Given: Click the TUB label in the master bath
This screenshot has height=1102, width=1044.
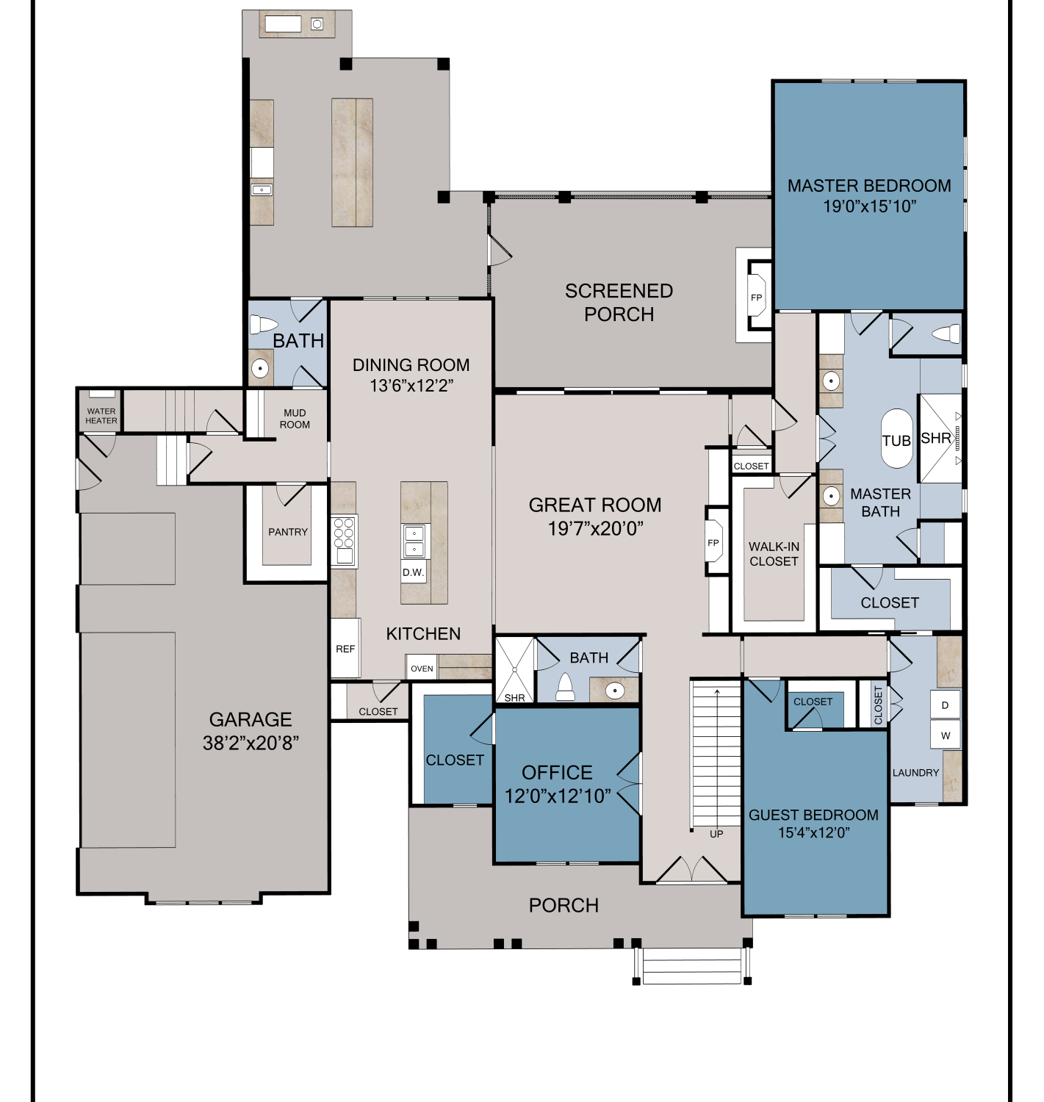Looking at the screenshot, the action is tap(896, 441).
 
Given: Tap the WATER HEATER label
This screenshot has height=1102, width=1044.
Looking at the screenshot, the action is tap(101, 416).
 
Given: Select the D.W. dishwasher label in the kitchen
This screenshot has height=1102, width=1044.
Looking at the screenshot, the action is tap(413, 572).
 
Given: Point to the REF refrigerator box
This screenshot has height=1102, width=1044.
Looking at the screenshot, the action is tap(345, 648).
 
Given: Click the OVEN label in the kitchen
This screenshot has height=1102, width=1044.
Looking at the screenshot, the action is tap(422, 668).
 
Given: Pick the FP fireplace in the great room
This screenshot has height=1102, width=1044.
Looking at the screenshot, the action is tap(713, 542).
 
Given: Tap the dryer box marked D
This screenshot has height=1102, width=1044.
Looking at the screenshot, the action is tap(946, 705).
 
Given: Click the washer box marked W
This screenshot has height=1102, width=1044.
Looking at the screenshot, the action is tap(946, 735).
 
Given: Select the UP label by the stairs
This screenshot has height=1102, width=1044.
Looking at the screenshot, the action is tap(716, 834).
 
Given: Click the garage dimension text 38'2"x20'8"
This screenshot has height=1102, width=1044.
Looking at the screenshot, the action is tap(251, 743).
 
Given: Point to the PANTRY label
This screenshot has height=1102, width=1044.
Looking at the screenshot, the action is tap(288, 531).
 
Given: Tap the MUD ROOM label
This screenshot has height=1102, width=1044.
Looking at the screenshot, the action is tap(295, 419).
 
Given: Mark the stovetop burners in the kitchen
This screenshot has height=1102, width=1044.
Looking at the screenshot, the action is tap(342, 533).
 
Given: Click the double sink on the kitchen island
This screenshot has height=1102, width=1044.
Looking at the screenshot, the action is tap(414, 541).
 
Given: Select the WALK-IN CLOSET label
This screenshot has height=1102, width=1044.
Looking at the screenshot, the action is tap(774, 554).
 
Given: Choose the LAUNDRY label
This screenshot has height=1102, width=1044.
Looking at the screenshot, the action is tap(915, 772).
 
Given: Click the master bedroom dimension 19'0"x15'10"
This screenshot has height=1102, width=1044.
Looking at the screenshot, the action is tap(869, 206).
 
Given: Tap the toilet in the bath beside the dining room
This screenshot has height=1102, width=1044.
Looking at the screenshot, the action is tap(264, 325).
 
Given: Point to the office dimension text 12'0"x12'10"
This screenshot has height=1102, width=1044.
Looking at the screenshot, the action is tap(558, 796).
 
